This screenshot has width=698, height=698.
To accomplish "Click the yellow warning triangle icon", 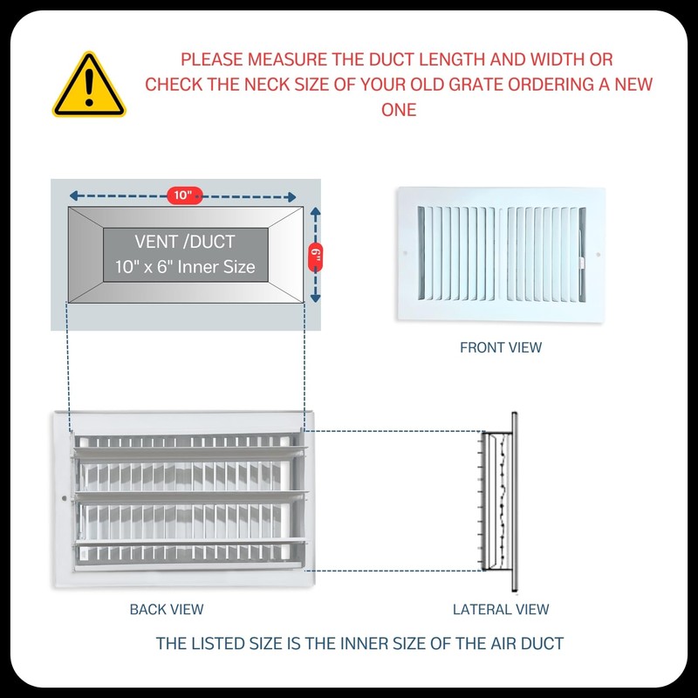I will coord(89,86).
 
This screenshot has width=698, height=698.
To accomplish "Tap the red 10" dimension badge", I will coord(183,195).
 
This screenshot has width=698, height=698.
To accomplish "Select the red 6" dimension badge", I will coord(315,255).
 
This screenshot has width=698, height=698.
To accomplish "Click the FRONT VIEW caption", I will coord(501,347).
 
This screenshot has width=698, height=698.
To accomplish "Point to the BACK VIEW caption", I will coord(167,609).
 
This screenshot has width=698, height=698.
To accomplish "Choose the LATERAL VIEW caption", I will coord(501,609).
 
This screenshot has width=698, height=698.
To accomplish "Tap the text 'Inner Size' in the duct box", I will coord(217,266).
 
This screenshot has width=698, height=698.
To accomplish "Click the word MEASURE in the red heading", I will coord(284,60).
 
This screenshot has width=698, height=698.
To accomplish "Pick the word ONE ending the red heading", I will coord(398,110).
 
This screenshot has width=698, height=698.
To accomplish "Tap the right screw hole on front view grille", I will coord(598,255).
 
